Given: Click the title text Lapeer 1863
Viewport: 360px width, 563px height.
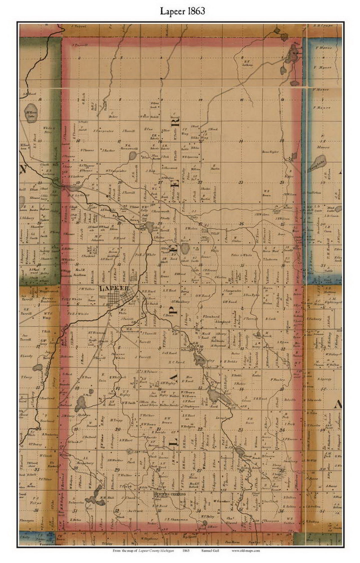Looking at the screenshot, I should pos(183,11).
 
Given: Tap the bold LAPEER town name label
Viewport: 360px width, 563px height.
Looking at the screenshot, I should pos(114,288).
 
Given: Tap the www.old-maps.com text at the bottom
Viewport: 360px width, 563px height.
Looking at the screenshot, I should pos(246,550).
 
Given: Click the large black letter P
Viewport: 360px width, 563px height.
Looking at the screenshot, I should pos(174,309).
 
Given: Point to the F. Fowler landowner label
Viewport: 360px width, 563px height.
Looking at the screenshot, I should pos(277,379).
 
